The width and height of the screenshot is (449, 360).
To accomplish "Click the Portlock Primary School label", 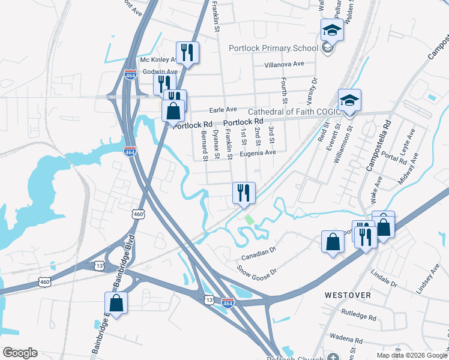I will (273, 49).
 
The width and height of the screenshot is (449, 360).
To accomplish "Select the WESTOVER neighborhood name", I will (348, 296).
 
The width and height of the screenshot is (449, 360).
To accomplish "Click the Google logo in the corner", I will (20, 353).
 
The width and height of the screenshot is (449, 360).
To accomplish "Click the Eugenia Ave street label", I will (258, 153).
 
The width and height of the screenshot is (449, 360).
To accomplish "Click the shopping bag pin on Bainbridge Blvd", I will (116, 303).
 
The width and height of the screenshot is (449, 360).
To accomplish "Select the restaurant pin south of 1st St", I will (244, 193).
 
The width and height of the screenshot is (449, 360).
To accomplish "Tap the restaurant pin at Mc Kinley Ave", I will (187, 53).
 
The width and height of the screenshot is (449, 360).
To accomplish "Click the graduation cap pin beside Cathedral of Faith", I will (349, 100).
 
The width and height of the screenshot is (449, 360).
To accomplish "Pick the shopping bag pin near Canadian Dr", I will (333, 242).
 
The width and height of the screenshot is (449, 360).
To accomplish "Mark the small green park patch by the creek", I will (249, 220).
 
